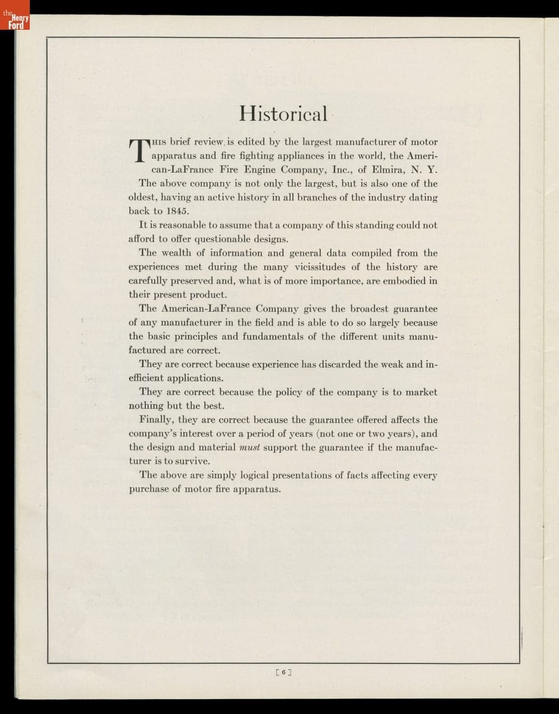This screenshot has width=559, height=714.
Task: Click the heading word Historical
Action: (283, 112)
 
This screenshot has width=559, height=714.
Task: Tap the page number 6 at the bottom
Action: (284, 672)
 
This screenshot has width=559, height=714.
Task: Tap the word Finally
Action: (155, 419)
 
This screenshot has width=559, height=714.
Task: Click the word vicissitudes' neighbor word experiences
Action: (156, 267)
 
